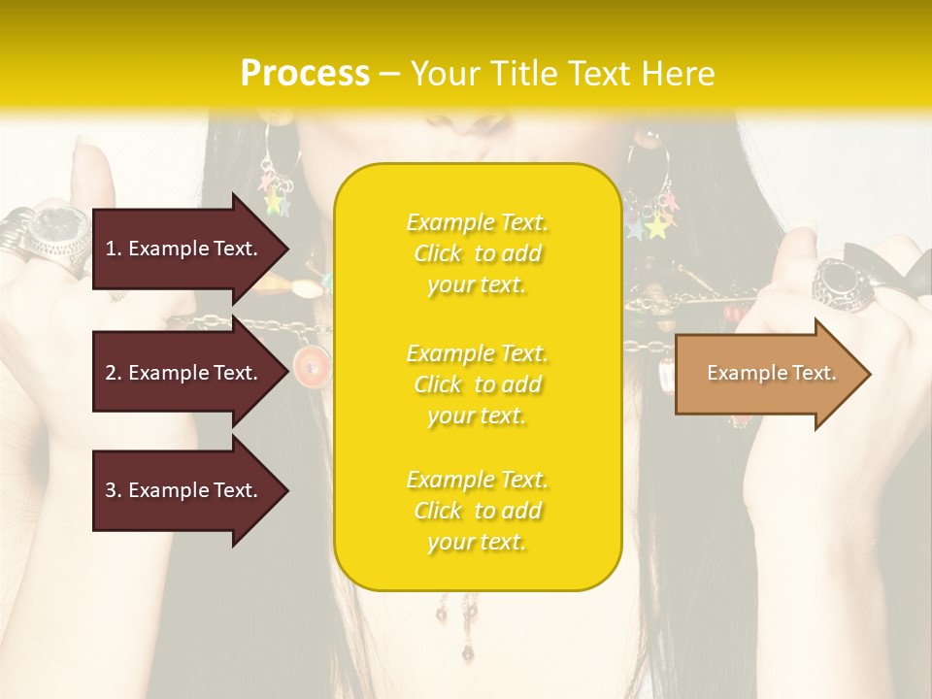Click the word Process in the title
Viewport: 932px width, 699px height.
305,74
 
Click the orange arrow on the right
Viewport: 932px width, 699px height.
772,373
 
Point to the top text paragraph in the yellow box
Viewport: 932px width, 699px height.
477,253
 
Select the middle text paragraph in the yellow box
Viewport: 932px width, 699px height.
477,384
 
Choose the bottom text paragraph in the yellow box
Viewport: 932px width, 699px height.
477,511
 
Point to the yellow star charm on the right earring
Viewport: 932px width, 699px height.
658,227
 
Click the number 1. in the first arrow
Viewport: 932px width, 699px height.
114,249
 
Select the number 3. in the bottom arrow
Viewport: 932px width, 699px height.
114,490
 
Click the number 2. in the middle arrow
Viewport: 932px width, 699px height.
114,373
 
